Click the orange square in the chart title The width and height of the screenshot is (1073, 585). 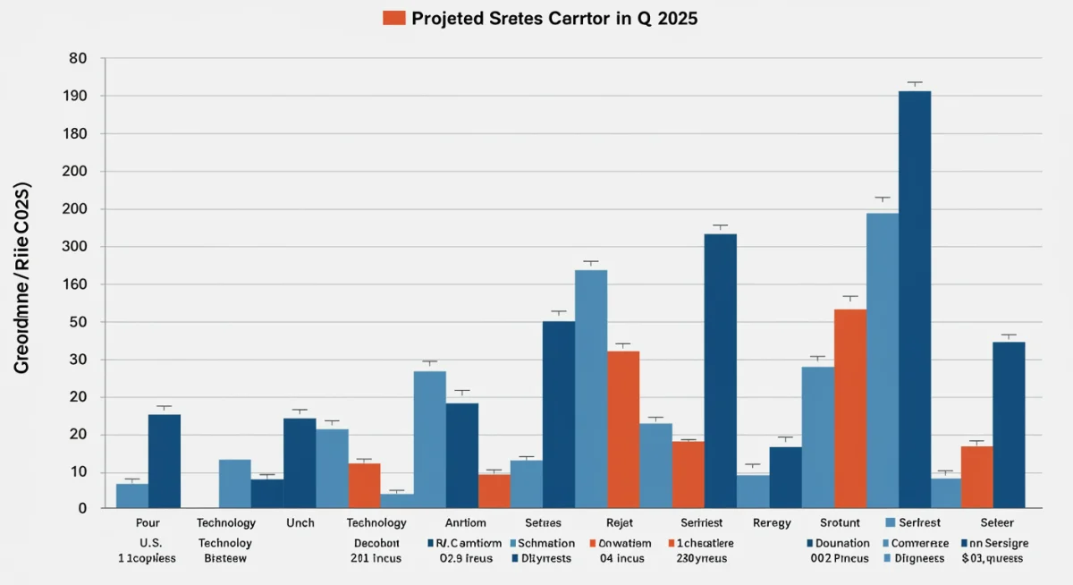pyautogui.click(x=393, y=18)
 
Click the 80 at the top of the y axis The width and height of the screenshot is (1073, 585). pyautogui.click(x=78, y=58)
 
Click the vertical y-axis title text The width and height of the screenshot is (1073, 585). pyautogui.click(x=22, y=277)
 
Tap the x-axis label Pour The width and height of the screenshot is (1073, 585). pyautogui.click(x=148, y=522)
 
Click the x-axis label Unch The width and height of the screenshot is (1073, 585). pyautogui.click(x=300, y=522)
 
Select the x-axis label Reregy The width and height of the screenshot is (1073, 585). pyautogui.click(x=771, y=522)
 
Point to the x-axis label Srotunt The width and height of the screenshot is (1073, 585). pyautogui.click(x=839, y=522)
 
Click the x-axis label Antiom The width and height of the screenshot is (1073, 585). pyautogui.click(x=465, y=522)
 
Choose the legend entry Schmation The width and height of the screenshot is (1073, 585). pyautogui.click(x=545, y=543)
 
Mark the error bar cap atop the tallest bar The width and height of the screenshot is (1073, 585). pyautogui.click(x=915, y=83)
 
